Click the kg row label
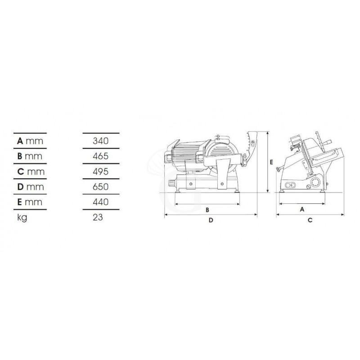22,218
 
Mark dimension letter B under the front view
207,210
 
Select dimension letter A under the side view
302,209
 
